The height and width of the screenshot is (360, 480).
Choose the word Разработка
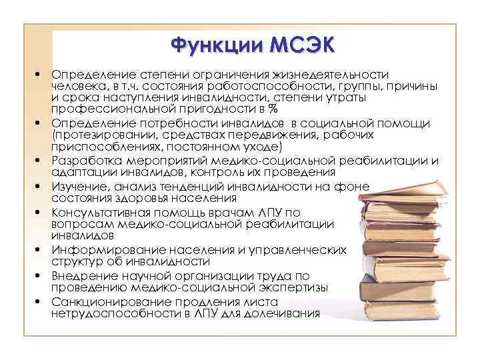[86, 160]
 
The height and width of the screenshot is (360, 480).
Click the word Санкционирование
[106, 301]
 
